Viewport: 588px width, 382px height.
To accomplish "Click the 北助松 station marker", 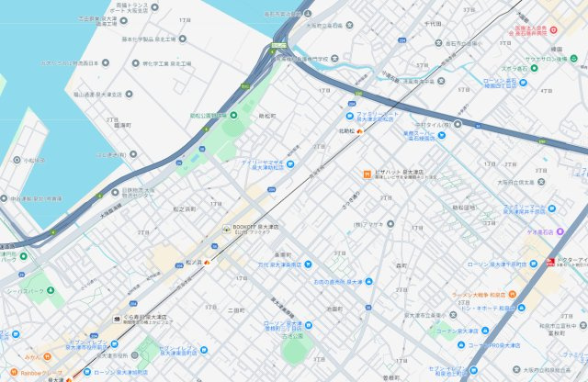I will [359, 132].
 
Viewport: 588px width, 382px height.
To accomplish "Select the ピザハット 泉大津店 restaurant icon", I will [366, 172].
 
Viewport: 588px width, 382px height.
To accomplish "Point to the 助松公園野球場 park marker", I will [233, 115].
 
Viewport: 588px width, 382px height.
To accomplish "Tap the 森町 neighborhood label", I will [401, 264].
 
